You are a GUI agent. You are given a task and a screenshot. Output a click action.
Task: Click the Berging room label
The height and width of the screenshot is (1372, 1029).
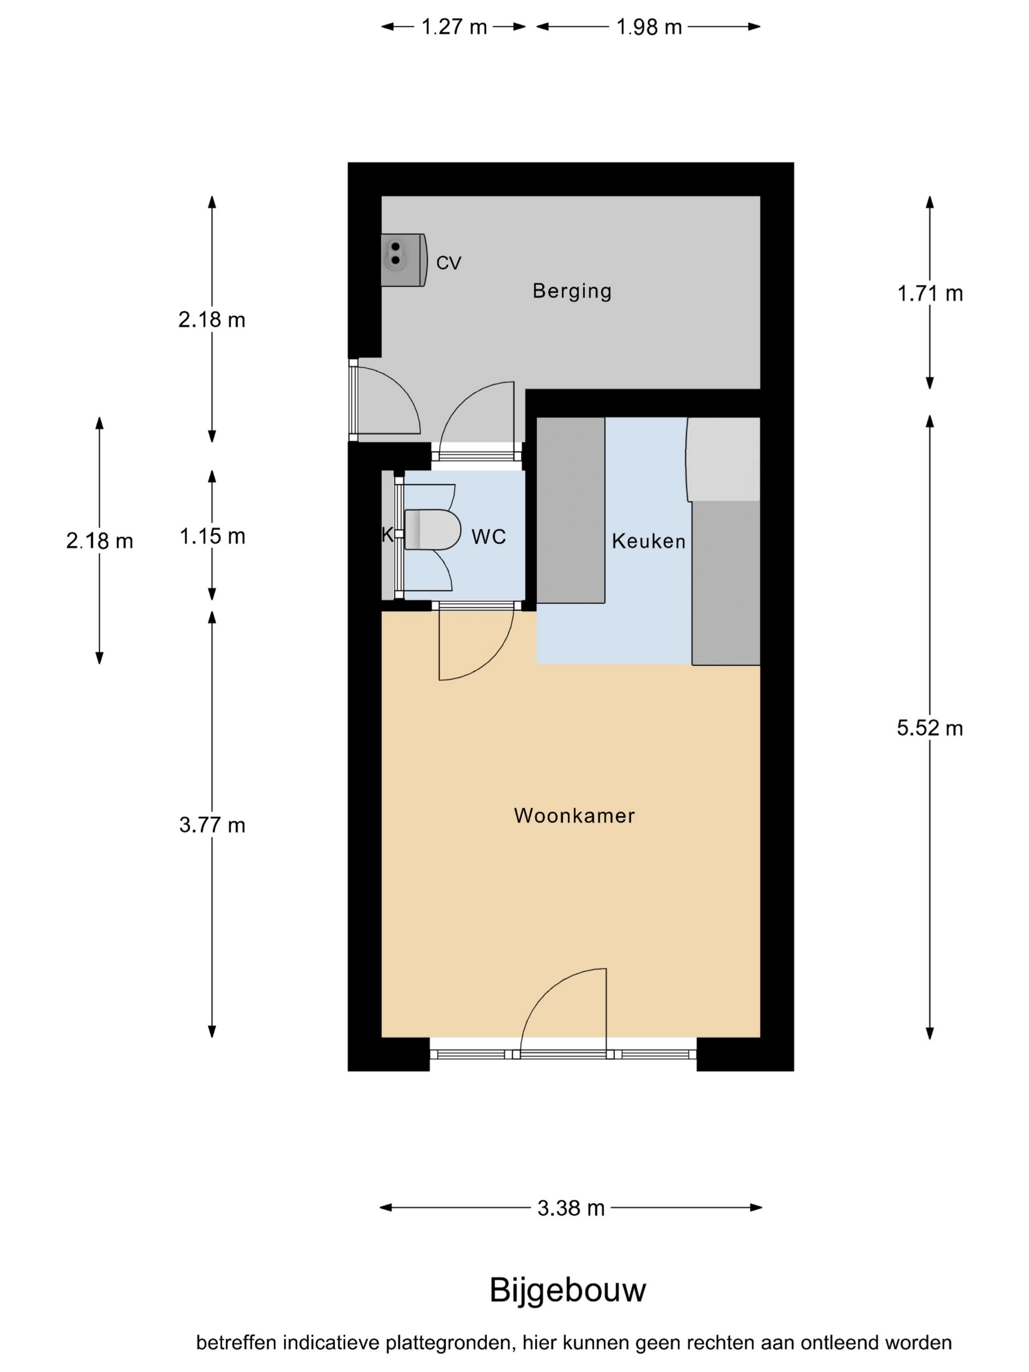coord(571,291)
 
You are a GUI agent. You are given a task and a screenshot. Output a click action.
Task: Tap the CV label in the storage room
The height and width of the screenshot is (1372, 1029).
coord(448,263)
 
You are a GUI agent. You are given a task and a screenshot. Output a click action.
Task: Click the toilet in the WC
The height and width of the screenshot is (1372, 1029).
coord(432,530)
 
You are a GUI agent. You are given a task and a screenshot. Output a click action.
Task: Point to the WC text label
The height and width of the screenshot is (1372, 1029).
coord(488,537)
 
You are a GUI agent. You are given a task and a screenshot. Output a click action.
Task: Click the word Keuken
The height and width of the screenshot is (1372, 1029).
coord(648,541)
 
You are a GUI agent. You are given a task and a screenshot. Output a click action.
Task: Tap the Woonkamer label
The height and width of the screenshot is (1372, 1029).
coord(574,816)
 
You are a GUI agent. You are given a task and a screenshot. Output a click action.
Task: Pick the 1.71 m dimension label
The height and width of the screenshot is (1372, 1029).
coord(930,294)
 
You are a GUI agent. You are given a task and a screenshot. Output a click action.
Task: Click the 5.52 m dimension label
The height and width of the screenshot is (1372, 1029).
coord(930,728)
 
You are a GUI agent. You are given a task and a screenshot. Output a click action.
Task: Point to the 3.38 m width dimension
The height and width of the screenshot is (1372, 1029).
coord(571,1208)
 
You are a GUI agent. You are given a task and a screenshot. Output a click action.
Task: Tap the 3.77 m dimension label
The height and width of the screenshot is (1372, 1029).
coord(212,825)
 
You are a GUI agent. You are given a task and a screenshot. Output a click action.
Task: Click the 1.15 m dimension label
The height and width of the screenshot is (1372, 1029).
coord(212,536)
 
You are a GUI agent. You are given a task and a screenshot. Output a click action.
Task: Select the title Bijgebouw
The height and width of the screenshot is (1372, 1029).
coord(567,1290)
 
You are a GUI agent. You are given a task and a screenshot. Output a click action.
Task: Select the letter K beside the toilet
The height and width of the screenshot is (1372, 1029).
coord(387,535)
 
